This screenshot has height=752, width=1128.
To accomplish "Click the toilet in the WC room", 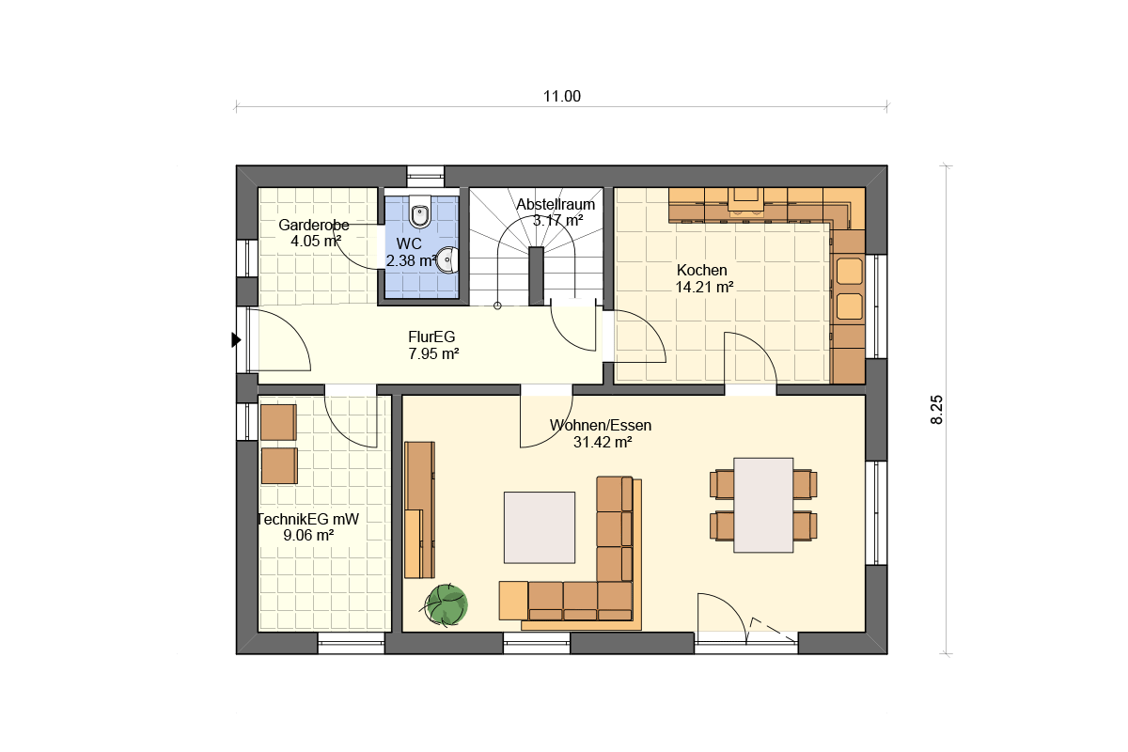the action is click(420, 212).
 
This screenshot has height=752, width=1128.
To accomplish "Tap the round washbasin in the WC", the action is click(447, 259).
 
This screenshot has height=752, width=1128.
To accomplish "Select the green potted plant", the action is click(446, 604).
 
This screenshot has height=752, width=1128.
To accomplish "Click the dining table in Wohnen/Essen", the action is click(763, 505).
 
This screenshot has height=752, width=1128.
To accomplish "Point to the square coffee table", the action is click(540, 527).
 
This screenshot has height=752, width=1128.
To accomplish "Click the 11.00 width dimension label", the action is click(562, 96).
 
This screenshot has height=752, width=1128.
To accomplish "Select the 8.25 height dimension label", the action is click(936, 410).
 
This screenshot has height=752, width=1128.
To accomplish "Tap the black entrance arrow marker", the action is click(236, 340).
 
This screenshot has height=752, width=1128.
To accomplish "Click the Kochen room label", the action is click(701, 270).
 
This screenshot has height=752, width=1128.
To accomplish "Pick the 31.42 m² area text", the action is click(603, 442).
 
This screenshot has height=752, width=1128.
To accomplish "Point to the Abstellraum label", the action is click(556, 205).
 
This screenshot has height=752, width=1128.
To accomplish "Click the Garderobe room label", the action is click(314, 225).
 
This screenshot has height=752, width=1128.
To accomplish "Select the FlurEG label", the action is click(431, 337).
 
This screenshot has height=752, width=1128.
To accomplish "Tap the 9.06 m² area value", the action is click(308, 535).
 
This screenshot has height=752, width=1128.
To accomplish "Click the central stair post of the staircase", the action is click(537, 276).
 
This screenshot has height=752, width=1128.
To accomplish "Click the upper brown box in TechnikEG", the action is click(278, 422).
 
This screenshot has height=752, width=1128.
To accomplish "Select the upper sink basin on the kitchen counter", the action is click(850, 272).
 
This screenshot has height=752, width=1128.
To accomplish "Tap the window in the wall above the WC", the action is click(426, 177).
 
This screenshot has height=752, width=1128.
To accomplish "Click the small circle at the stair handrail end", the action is click(497, 305).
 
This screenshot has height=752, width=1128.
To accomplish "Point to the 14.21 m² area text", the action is click(704, 287).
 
